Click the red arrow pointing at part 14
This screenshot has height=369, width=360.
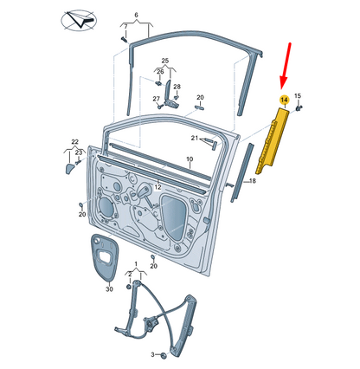(286, 65)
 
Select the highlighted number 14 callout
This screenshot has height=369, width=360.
(285, 100)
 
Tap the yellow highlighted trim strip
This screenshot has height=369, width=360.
(272, 140)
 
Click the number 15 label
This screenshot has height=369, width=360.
(298, 96)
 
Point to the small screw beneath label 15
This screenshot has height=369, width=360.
(299, 108)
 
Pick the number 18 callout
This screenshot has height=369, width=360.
(253, 181)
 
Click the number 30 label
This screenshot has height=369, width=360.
(109, 288)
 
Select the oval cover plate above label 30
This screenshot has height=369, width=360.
(104, 257)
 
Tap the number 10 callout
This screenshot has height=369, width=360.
(190, 159)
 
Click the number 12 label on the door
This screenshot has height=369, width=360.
(157, 187)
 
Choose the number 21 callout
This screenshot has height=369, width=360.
(195, 138)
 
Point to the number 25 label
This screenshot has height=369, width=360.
(165, 61)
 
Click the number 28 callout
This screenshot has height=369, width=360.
(177, 87)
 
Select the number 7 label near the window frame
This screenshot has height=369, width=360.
(125, 27)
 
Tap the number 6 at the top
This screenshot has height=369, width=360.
(137, 15)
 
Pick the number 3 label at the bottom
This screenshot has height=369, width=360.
(153, 354)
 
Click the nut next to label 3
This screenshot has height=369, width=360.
(164, 355)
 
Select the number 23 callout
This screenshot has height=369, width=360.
(79, 152)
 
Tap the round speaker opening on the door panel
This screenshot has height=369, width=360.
(105, 206)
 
